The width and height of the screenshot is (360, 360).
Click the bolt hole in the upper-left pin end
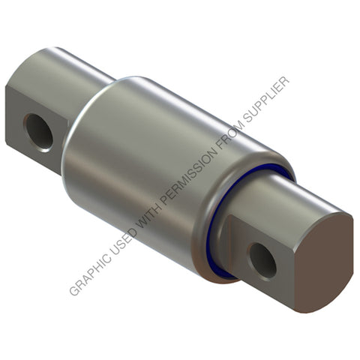pos(38,131)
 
